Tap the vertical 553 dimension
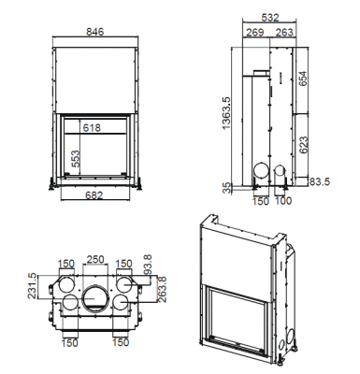tap(75, 161)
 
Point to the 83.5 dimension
tap(318, 182)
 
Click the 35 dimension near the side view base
tap(223, 187)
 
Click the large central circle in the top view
tap(95, 299)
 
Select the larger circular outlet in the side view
tap(261, 174)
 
